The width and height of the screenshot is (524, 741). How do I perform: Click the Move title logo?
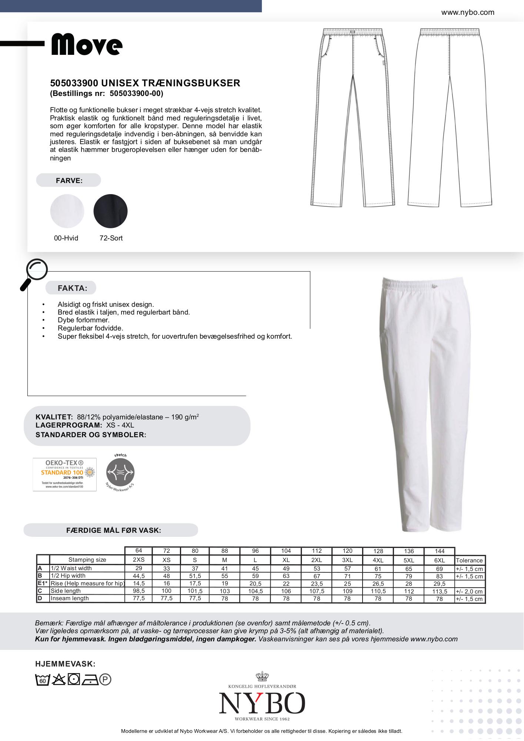[87, 45]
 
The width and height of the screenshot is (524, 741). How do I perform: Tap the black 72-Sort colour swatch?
[110, 211]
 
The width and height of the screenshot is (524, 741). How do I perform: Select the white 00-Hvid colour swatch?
[67, 211]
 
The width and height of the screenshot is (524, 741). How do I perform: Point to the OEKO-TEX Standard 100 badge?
[64, 474]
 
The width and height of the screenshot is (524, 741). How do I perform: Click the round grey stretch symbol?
[120, 472]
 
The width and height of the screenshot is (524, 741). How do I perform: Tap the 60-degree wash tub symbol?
[42, 680]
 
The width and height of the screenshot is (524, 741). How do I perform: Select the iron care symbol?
[90, 680]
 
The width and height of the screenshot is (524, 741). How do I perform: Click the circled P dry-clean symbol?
[105, 680]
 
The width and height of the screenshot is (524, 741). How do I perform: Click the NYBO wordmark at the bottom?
[262, 703]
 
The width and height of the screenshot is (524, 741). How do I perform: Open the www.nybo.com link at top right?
[467, 12]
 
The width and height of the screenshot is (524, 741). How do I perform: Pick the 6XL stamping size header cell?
[439, 560]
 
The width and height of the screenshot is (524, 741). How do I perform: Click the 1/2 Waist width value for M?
[224, 568]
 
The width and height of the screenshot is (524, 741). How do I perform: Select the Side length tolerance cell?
[469, 591]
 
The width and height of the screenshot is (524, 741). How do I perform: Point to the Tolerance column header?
[469, 560]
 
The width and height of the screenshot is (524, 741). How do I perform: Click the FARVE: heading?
[69, 180]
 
